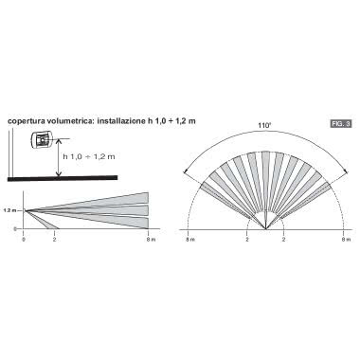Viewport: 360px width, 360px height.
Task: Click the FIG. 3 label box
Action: (x=337, y=124)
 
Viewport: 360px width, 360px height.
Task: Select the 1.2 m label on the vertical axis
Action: (x=10, y=210)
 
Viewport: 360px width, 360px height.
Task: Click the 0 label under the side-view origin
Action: (x=24, y=240)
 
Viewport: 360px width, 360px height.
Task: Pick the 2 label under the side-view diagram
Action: (x=54, y=240)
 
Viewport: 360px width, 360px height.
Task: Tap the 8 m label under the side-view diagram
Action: (x=149, y=240)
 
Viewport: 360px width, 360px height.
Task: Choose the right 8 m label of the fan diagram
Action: (x=343, y=240)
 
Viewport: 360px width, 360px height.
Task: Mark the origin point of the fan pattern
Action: (x=266, y=230)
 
